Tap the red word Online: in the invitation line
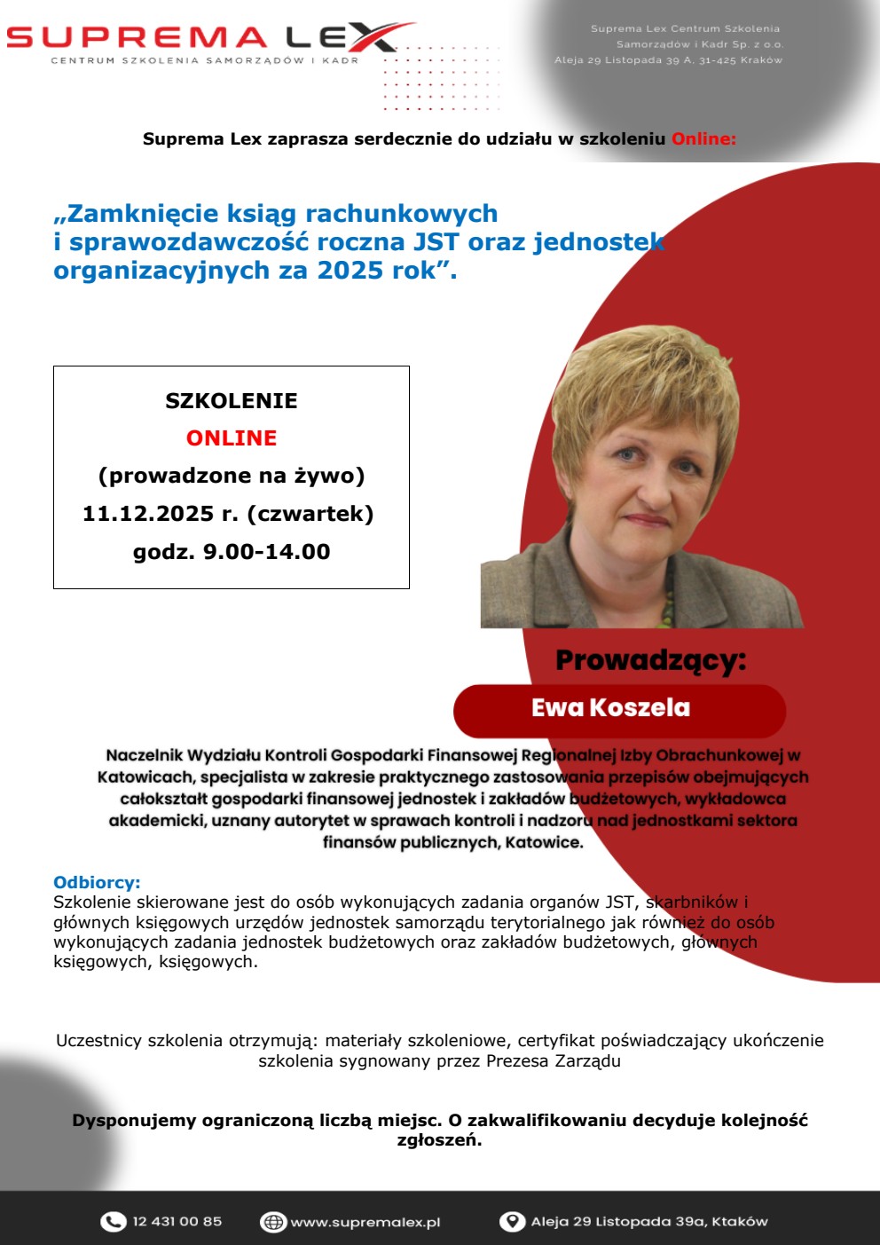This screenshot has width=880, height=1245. [x=703, y=139]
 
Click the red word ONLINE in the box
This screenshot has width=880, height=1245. [x=232, y=438]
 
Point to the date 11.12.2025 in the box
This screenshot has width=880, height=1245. [x=148, y=514]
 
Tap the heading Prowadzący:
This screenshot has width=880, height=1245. [x=650, y=660]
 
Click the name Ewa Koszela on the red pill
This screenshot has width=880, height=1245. [x=610, y=708]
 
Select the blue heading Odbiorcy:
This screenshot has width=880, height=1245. [x=97, y=882]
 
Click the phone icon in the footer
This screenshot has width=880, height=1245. [x=113, y=1222]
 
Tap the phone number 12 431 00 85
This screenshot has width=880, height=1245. [x=177, y=1222]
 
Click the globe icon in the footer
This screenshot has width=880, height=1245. [x=272, y=1222]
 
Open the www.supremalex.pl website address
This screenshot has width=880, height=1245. [x=365, y=1223]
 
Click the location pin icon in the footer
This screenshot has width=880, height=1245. [x=512, y=1222]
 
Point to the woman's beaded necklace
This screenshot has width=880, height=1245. [x=667, y=603]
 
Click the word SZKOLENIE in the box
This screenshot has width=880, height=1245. [x=232, y=401]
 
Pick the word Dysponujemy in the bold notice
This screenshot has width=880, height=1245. [x=134, y=1121]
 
